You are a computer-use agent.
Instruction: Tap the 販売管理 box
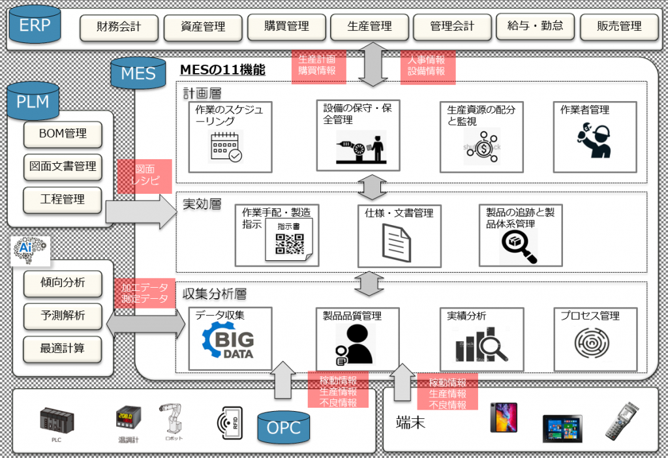click(x=619, y=27)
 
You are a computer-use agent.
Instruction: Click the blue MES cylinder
click(x=138, y=72)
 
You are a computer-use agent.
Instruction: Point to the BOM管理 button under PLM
click(x=63, y=134)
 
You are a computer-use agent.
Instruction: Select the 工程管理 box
click(x=63, y=199)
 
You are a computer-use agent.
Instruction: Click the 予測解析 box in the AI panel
click(x=63, y=316)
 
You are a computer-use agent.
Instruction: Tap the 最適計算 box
click(x=63, y=348)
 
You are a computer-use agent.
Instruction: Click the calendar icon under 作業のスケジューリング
click(x=225, y=147)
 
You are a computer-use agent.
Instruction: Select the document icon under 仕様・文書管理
click(x=395, y=243)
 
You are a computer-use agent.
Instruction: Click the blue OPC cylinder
click(x=284, y=428)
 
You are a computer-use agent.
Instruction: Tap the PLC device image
click(x=56, y=422)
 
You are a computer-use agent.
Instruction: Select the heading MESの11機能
click(x=222, y=69)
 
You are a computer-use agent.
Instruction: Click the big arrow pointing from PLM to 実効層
click(x=140, y=211)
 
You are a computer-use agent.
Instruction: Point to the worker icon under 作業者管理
click(x=594, y=140)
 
